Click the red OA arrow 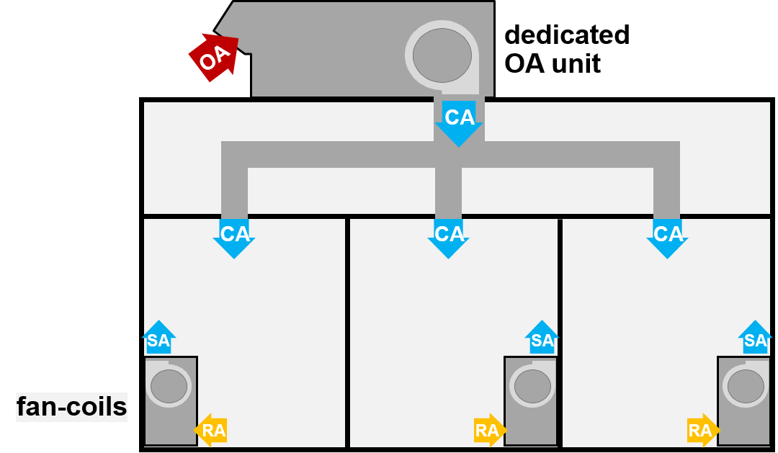pos(213,56)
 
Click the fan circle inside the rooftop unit pos(442,55)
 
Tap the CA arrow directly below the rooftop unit pos(459,122)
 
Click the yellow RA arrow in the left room pos(211,431)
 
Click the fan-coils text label pos(71,408)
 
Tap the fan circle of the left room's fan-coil pos(169,387)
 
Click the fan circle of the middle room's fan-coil pos(532,387)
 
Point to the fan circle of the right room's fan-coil pos(746,387)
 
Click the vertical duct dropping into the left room pos(234,191)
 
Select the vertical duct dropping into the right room pos(667,191)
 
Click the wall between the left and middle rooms pos(347,331)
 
